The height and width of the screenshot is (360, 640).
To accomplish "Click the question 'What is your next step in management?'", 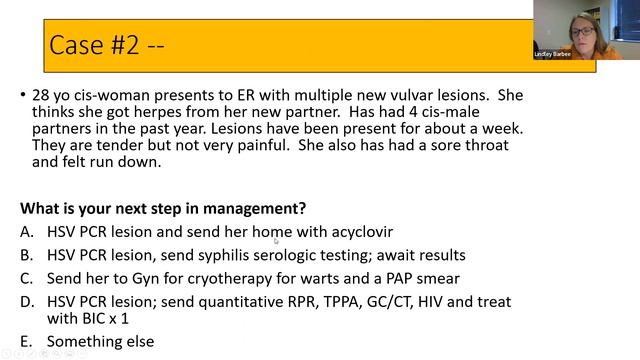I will (163, 209).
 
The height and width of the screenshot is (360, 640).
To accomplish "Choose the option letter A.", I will (25, 231).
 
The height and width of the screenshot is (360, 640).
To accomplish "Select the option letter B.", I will (25, 254).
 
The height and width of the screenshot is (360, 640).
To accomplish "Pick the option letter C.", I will (25, 277).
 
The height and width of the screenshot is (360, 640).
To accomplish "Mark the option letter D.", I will (25, 300).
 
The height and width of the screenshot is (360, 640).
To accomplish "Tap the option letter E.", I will (25, 341).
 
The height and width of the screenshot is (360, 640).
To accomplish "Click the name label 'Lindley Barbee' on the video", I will (553, 54).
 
